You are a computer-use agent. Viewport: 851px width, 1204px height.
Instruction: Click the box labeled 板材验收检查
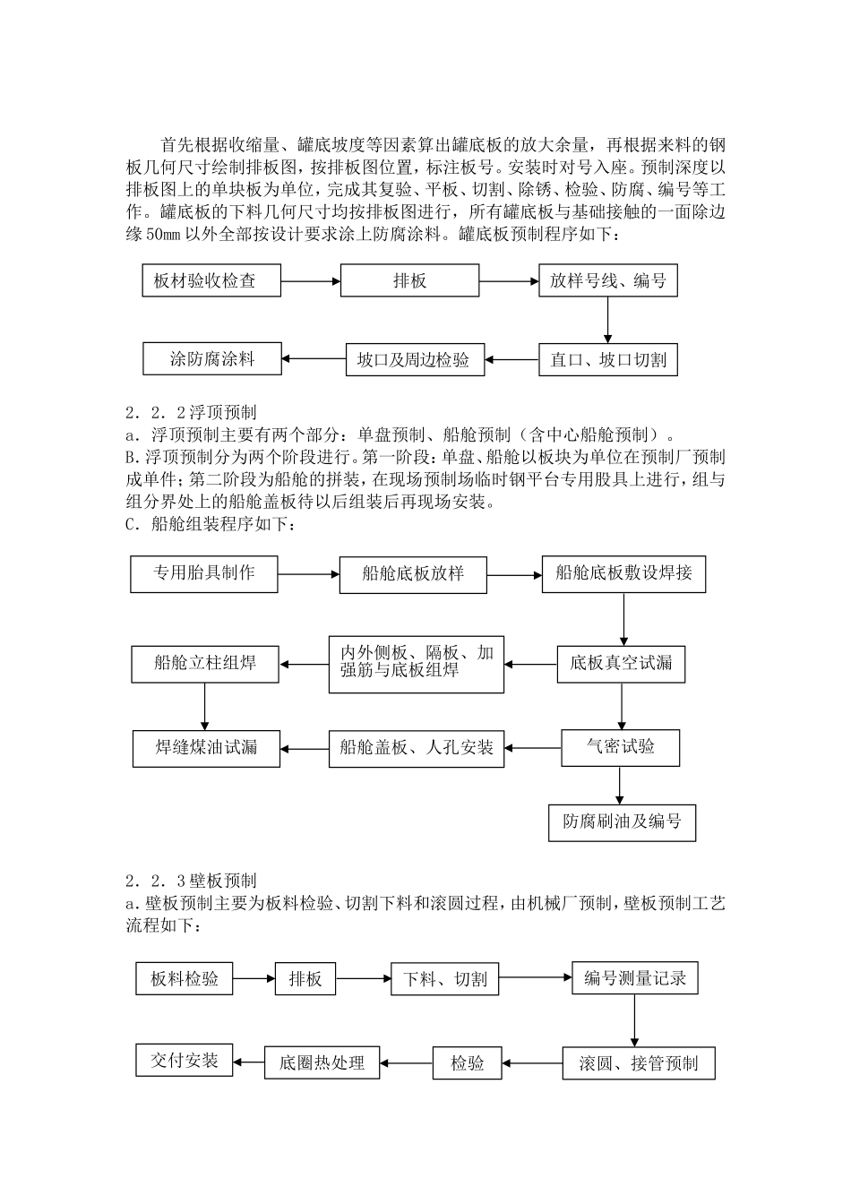point(211,281)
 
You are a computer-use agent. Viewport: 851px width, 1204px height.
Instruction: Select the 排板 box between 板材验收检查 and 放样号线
point(409,281)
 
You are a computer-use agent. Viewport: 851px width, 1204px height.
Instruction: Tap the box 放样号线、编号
point(607,281)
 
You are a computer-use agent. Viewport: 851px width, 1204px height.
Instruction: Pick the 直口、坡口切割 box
point(607,360)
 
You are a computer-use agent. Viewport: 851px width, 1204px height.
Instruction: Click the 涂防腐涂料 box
point(211,359)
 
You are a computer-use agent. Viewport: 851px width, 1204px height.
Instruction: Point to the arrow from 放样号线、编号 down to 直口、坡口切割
point(607,320)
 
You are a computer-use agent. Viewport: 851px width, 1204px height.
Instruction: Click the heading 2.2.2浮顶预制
point(192,413)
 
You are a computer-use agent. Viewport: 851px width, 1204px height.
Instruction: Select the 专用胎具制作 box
point(204,572)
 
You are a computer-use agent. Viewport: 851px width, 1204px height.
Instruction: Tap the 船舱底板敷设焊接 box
point(623,573)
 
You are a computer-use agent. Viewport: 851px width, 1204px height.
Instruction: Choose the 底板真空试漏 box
point(620,664)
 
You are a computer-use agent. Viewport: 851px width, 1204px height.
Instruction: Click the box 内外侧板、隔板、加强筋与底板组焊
point(417,664)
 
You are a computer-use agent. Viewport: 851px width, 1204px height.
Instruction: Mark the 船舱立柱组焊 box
point(204,664)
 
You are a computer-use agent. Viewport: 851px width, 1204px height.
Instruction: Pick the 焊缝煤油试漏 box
point(206,748)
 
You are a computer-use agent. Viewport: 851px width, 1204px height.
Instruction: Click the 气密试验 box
point(620,747)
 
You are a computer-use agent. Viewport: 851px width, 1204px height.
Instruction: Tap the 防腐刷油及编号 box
point(622,822)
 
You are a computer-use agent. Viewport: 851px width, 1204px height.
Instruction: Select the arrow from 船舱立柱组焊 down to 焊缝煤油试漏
point(205,707)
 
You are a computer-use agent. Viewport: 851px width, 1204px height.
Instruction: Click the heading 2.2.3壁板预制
point(192,881)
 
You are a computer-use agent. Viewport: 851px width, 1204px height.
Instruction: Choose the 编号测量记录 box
point(635,978)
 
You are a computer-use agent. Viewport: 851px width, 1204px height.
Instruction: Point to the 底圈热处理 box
point(322,1063)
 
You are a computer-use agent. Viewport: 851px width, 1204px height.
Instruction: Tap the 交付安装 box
point(184,1061)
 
